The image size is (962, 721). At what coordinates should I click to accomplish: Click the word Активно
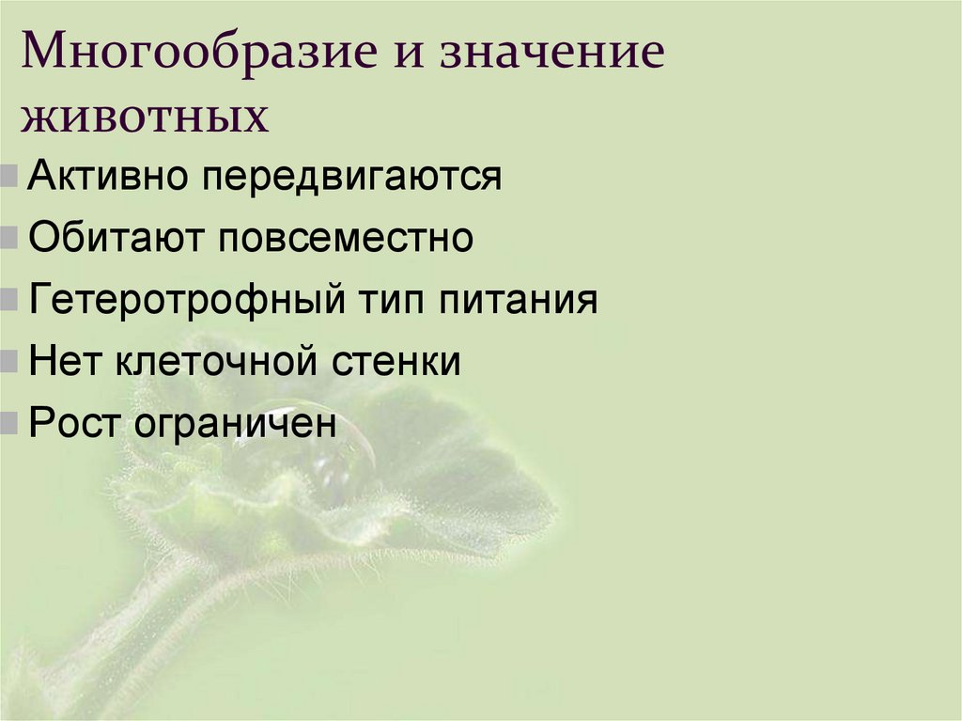click(104, 176)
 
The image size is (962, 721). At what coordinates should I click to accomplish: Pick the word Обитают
click(116, 238)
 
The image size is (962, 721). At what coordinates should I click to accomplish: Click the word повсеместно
click(348, 238)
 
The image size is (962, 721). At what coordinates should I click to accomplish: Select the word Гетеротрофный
click(184, 301)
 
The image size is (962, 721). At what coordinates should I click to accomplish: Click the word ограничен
click(235, 424)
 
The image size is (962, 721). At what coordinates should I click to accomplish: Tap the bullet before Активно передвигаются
click(8, 176)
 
